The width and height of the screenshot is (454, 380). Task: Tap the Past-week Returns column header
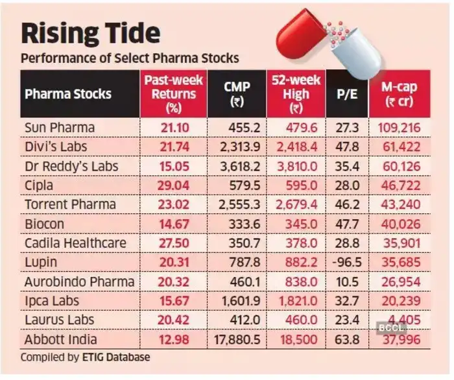click(x=172, y=93)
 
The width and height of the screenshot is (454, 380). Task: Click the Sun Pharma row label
click(x=58, y=128)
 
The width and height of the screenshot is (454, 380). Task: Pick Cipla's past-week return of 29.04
click(x=172, y=185)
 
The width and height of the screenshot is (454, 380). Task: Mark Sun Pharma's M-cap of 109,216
click(x=400, y=128)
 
